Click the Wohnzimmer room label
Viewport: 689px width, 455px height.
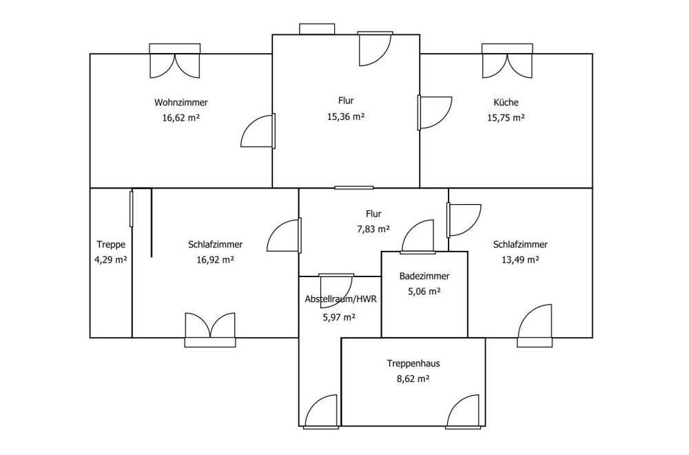point(181,103)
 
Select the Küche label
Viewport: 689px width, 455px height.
point(506,103)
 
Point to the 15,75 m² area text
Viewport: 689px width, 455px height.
point(506,118)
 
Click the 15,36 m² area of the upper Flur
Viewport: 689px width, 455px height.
point(347,117)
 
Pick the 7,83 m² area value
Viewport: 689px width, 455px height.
point(373,229)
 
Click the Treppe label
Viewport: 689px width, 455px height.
point(111,245)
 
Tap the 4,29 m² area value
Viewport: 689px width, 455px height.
point(111,260)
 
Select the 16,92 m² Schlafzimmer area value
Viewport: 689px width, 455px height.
point(215,260)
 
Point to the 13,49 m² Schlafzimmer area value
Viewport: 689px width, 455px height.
point(520,260)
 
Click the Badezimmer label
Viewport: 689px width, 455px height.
point(424,276)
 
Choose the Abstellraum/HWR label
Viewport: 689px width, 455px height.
point(341,299)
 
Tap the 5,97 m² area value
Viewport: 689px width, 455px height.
point(339,317)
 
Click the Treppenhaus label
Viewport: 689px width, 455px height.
point(413,363)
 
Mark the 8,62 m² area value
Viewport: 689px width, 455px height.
point(413,378)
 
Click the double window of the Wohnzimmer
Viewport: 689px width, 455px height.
point(175,61)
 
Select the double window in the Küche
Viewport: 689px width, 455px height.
point(508,61)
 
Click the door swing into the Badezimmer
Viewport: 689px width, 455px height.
point(418,236)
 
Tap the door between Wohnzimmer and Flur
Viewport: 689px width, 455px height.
point(258,130)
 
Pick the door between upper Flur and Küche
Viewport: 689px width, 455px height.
point(435,112)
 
